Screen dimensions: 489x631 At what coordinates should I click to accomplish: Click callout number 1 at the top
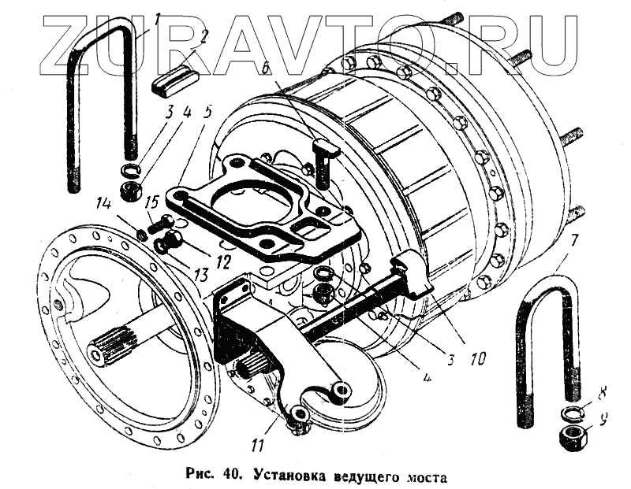pyautogui.click(x=156, y=20)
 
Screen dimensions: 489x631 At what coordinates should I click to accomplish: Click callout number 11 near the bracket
pyautogui.click(x=256, y=446)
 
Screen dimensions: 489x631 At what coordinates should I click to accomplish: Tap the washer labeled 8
pyautogui.click(x=569, y=414)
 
